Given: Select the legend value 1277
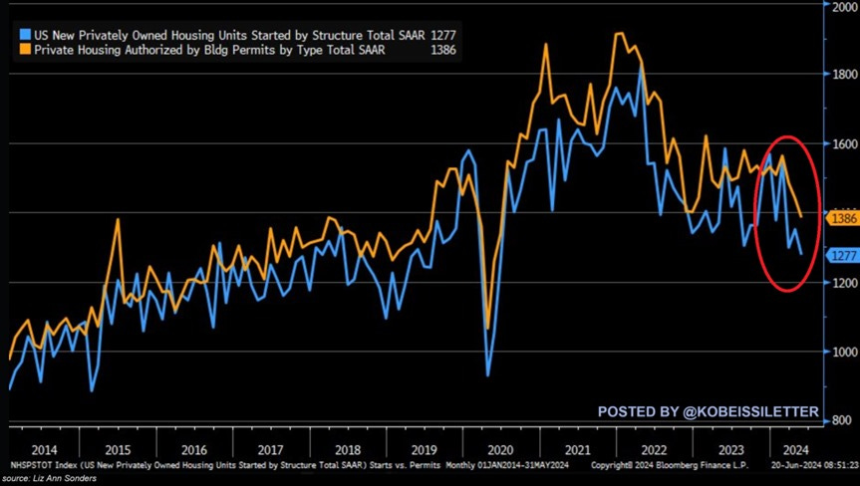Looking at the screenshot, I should [444, 33].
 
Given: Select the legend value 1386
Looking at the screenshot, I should [444, 48].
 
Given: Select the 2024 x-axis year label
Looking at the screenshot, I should [795, 448].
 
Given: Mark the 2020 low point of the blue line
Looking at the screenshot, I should [488, 375].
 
